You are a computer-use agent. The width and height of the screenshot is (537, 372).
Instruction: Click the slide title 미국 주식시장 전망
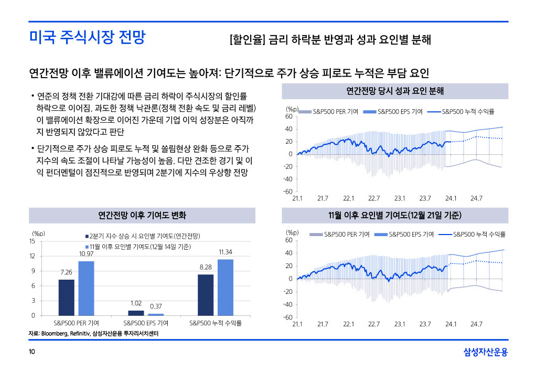[87, 38]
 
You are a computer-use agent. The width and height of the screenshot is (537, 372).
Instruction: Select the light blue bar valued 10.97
[86, 288]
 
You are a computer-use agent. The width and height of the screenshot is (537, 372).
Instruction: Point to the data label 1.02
[136, 303]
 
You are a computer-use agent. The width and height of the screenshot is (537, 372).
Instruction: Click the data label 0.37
[155, 306]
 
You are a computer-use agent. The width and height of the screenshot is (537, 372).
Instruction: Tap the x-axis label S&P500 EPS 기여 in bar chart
[146, 323]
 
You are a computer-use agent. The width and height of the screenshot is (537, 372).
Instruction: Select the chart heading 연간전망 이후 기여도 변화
[142, 216]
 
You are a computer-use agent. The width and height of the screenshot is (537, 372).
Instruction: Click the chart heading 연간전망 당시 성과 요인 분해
[395, 91]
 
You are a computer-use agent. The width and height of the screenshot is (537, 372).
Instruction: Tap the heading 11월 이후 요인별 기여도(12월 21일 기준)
[395, 216]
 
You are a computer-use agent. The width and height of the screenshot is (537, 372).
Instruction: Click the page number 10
[32, 352]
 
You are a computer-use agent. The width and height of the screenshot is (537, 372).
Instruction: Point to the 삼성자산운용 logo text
[486, 352]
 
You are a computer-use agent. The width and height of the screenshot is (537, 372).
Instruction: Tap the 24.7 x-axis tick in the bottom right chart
[476, 324]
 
